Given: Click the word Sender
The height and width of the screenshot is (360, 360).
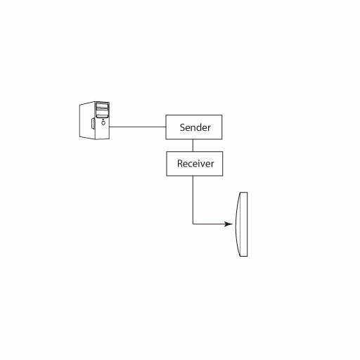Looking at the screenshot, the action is point(195,127).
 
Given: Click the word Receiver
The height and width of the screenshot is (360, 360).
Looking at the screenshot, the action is point(195,164).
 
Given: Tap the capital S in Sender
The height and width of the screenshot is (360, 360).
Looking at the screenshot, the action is point(182,127).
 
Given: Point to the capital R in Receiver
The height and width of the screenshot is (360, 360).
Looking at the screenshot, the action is point(180,164).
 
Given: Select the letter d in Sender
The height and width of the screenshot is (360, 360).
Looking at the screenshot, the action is point(199,127).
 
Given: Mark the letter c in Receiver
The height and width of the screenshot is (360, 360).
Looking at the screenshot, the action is point(191,165).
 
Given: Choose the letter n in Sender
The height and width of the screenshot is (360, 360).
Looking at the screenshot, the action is point(193,129).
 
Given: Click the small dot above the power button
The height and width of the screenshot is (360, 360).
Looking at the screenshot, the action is point(103,120).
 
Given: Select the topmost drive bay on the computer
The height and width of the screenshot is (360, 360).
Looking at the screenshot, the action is point(102,105).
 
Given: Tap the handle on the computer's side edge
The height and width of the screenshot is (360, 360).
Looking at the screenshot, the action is point(93,123).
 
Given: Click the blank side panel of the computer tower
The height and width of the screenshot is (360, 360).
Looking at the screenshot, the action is point(86,120).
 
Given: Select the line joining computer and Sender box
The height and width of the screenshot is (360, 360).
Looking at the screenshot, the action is point(138,127).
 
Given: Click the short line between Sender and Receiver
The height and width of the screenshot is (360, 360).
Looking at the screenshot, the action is point(193,146).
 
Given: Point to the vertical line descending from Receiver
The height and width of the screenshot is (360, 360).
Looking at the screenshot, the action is point(193,200).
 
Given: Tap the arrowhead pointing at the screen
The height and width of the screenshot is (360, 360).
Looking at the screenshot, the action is point(229,224).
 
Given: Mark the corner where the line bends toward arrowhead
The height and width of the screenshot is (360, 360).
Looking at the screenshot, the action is point(193,224).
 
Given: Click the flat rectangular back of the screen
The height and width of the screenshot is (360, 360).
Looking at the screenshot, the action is point(244,224).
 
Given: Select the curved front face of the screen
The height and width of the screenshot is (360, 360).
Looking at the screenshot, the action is point(237,224).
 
